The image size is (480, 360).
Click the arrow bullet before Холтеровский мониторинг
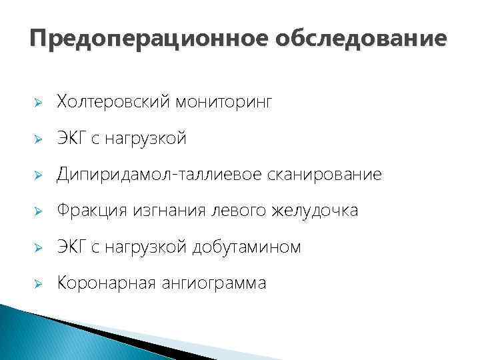39,103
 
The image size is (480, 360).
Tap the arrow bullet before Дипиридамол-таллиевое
39,175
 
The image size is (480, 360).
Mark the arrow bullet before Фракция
39,211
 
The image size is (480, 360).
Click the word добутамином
246,247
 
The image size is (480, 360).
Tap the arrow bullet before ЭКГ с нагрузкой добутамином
39,247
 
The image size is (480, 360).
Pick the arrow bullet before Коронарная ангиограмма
39,283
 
